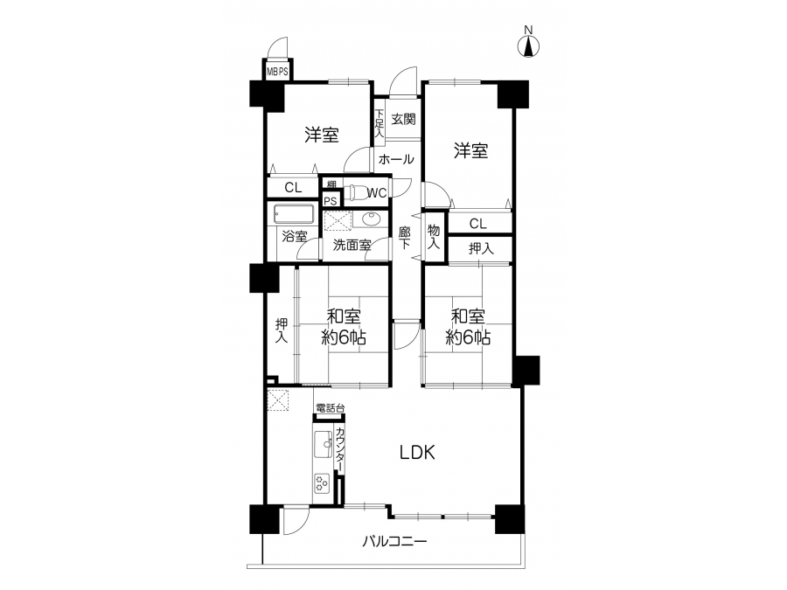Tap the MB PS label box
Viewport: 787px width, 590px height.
pyautogui.click(x=277, y=72)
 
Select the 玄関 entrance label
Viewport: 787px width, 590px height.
pyautogui.click(x=403, y=120)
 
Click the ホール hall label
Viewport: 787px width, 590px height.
pyautogui.click(x=396, y=160)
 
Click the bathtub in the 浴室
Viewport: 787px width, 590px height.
pyautogui.click(x=294, y=214)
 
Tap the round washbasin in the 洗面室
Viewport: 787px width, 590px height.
pyautogui.click(x=371, y=219)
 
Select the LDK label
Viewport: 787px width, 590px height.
pyautogui.click(x=417, y=453)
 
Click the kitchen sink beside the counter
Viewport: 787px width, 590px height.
pyautogui.click(x=322, y=443)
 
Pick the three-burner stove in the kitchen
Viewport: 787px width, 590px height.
pyautogui.click(x=322, y=483)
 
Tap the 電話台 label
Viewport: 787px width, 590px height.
pyautogui.click(x=331, y=408)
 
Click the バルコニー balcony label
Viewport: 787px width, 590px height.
pyautogui.click(x=394, y=541)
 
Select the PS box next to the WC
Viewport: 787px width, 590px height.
pyautogui.click(x=330, y=201)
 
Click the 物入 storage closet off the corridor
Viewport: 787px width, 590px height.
pyautogui.click(x=434, y=237)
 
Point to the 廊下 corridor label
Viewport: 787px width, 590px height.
pyautogui.click(x=405, y=238)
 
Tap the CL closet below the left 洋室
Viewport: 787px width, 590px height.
pyautogui.click(x=294, y=188)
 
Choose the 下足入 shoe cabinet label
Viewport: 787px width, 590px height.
pyautogui.click(x=379, y=124)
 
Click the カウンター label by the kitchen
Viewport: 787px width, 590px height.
pyautogui.click(x=340, y=449)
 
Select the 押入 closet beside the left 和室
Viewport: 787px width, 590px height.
pyautogui.click(x=281, y=330)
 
